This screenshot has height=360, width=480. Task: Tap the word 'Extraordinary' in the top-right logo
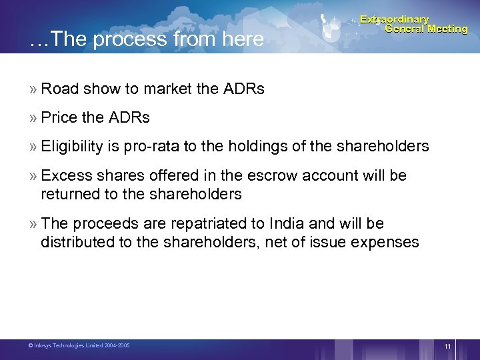coord(395,19)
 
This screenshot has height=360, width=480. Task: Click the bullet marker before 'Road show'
coord(33,89)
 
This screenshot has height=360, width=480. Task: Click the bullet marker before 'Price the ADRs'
coord(33,118)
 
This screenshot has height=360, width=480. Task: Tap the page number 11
coord(447,346)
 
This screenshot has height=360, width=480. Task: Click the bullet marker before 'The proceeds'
coord(33,224)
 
